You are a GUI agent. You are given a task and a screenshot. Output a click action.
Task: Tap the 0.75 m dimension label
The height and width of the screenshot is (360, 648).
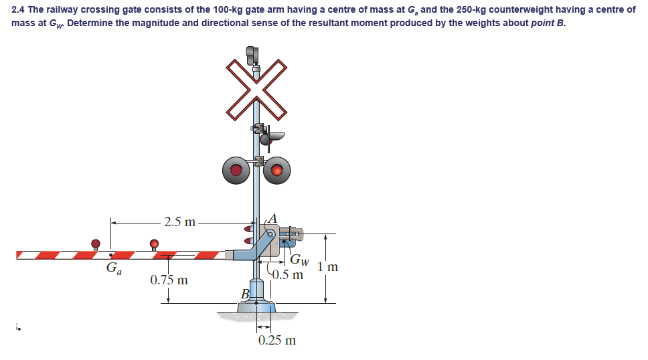(169, 280)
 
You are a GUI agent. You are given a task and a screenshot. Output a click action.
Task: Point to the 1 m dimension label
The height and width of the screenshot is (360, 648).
(328, 267)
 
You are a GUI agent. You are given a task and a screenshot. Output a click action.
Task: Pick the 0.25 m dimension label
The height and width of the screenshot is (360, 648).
(276, 340)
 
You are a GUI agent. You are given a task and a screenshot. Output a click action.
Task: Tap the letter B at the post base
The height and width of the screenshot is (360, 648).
(245, 294)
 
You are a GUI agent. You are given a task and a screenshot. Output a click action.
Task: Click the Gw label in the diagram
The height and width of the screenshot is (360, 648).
(300, 260)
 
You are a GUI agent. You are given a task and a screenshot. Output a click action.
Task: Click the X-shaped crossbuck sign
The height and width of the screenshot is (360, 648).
(256, 87)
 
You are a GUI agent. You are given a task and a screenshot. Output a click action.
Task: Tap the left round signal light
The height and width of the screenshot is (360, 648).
(236, 170)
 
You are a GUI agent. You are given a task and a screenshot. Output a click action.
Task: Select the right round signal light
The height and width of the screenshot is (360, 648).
(276, 170)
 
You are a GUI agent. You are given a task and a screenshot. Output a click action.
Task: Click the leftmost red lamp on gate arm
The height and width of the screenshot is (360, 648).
(96, 243)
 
